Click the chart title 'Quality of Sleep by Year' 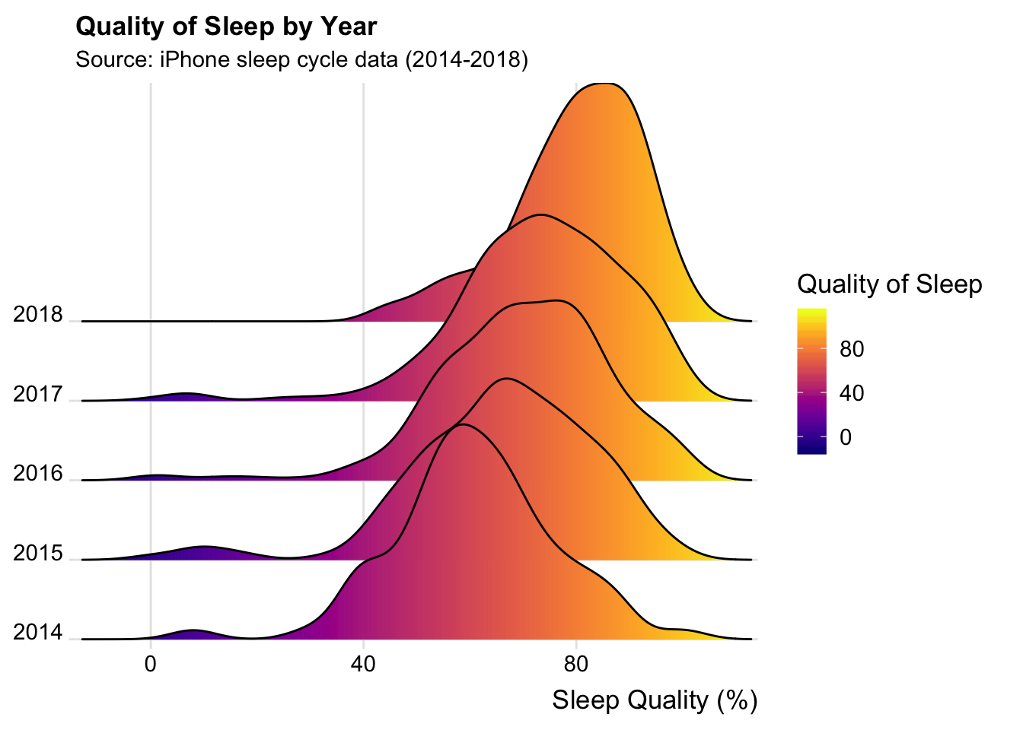click(x=226, y=27)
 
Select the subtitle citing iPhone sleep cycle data click(x=301, y=59)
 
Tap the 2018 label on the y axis click(x=38, y=315)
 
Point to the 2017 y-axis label click(x=38, y=395)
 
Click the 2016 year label click(x=38, y=474)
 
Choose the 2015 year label click(x=38, y=554)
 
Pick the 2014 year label click(x=38, y=633)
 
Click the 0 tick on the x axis click(x=151, y=664)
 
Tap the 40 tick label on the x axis click(x=363, y=664)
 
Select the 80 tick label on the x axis click(x=576, y=664)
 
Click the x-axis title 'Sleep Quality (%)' click(x=655, y=700)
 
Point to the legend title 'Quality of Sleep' click(x=889, y=284)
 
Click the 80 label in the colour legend click(x=852, y=350)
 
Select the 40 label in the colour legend click(x=852, y=394)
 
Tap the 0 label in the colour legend click(x=846, y=438)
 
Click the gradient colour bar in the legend click(x=811, y=381)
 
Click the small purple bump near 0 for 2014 click(x=194, y=631)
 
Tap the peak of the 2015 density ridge click(x=505, y=378)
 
